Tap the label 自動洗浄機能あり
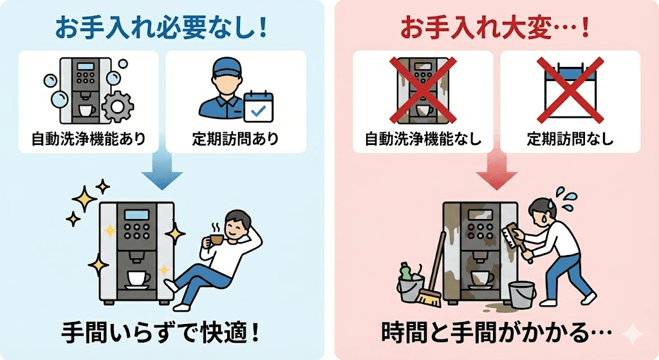click(x=89, y=138)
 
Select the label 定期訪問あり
click(x=235, y=138)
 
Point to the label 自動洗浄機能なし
click(x=423, y=138)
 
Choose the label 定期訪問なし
click(x=570, y=138)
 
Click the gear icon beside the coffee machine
click(x=116, y=107)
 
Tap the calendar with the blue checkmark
click(x=259, y=106)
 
